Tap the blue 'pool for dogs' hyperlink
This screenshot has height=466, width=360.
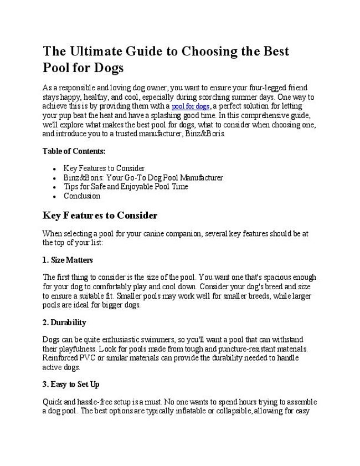190,106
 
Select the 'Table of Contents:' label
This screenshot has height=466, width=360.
74,151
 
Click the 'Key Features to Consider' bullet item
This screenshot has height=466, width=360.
104,168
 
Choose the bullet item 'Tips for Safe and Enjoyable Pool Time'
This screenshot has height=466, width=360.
126,187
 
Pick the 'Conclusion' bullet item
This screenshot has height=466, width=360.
82,196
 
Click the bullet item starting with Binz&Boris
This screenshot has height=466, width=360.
143,177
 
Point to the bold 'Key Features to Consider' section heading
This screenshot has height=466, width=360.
100,216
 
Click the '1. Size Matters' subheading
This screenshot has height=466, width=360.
68,259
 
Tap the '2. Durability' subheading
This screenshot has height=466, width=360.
64,322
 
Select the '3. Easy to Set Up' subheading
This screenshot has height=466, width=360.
71,384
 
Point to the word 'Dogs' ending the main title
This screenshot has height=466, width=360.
105,68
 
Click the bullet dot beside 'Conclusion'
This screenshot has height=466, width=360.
53,196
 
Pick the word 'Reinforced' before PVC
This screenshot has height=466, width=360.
60,358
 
